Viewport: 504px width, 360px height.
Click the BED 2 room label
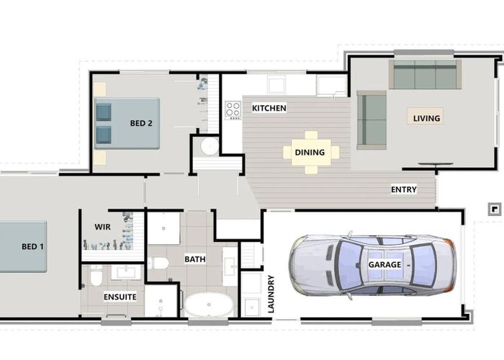click(141, 123)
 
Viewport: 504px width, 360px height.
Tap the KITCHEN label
click(269, 109)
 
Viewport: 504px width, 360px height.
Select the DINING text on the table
click(310, 153)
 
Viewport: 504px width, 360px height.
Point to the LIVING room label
click(426, 118)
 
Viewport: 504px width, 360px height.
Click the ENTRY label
click(403, 190)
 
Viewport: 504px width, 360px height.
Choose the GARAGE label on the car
click(385, 265)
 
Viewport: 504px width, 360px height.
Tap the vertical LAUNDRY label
click(271, 294)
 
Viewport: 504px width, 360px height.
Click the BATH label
click(195, 259)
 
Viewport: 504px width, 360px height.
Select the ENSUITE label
click(120, 297)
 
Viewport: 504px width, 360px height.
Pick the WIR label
click(102, 226)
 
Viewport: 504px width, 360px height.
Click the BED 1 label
click(32, 247)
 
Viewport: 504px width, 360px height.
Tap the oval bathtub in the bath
click(209, 305)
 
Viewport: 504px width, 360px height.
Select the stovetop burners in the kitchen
click(233, 110)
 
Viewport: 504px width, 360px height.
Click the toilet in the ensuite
click(95, 276)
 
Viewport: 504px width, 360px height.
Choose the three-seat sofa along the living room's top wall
click(425, 75)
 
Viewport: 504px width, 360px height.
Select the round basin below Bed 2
click(210, 147)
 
